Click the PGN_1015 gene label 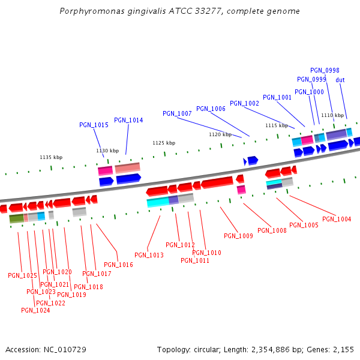point(94,125)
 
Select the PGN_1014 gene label point(128,120)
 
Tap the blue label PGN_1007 point(177,113)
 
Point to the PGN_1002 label point(244,103)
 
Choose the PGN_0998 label point(325,70)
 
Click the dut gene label point(340,80)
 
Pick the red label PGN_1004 point(337,219)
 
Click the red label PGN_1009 point(238,236)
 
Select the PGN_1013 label point(149,255)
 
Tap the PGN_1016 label point(118,265)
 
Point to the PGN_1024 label point(35,310)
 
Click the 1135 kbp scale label point(51,157)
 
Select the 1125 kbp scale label point(164,143)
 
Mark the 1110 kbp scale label point(332,115)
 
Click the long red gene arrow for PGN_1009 point(217,182)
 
